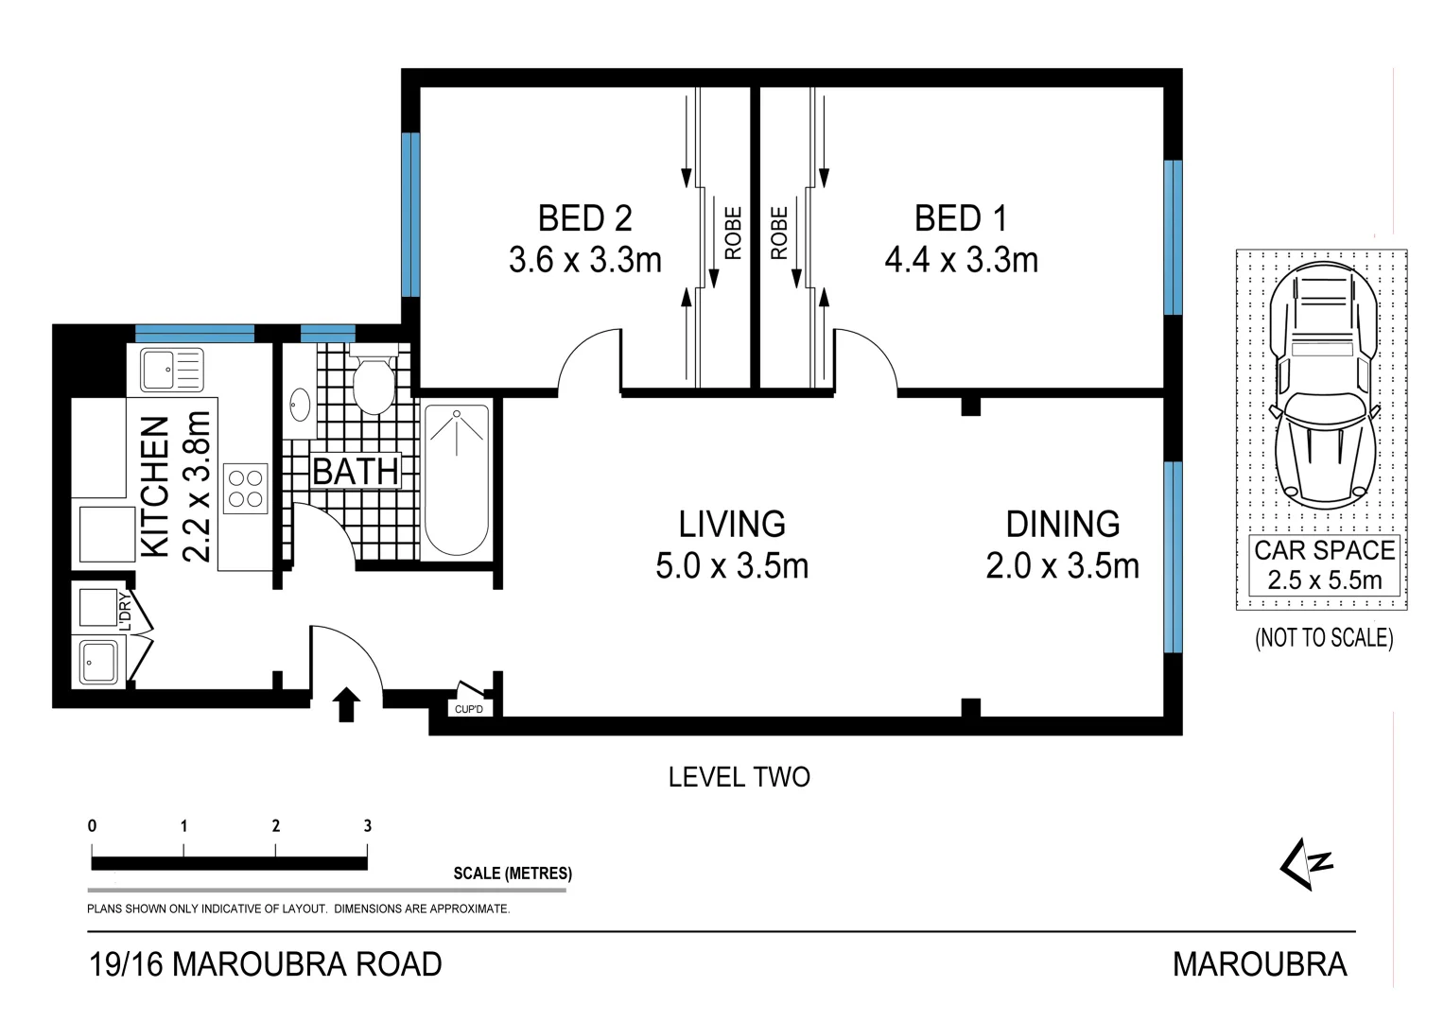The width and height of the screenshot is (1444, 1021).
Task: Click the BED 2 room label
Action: [584, 218]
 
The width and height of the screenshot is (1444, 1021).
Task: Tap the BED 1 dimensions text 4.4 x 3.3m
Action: [961, 260]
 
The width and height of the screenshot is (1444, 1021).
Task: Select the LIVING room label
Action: [732, 524]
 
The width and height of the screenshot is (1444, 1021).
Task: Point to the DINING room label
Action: [1062, 524]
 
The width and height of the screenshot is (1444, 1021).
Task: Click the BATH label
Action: [356, 471]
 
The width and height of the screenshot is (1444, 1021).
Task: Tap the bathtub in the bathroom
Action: [457, 479]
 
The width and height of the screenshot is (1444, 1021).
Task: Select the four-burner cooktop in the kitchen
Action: [246, 489]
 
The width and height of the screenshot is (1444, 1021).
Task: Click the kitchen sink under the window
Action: [171, 369]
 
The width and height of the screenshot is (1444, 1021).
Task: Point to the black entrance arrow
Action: [346, 704]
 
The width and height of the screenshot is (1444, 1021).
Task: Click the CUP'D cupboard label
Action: [468, 709]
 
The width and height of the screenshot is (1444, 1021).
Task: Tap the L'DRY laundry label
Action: [125, 612]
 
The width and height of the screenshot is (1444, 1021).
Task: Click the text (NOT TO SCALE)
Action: [1324, 638]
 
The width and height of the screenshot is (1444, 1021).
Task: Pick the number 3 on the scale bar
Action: [368, 825]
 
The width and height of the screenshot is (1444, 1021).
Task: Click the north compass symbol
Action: [1307, 863]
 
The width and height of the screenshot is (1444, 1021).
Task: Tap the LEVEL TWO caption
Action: [739, 777]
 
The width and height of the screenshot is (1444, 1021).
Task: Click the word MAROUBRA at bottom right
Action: [1259, 964]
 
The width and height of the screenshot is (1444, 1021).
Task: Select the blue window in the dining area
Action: [1173, 557]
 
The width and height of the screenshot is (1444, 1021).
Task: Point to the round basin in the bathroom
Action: [299, 405]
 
